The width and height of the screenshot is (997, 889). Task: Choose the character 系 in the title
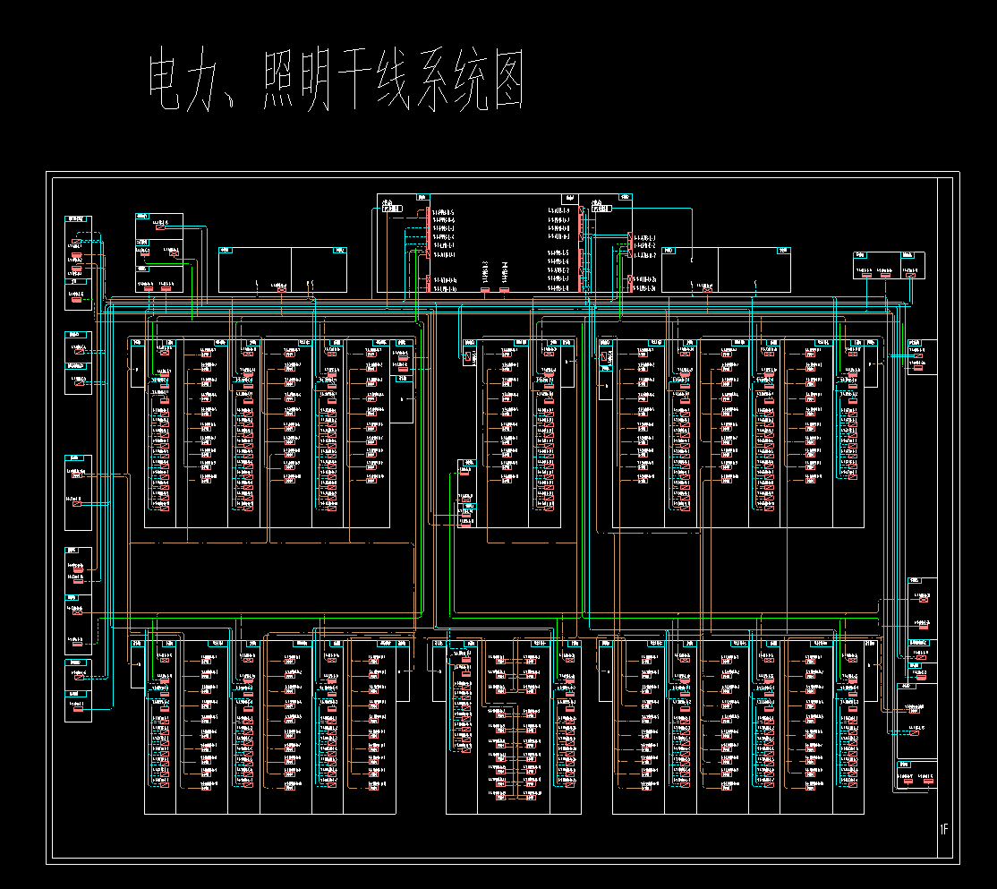tap(457, 81)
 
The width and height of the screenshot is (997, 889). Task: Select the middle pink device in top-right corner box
tap(886, 275)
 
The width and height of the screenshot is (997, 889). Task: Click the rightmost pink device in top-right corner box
tap(911, 275)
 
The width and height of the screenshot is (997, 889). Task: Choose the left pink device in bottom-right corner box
tap(907, 781)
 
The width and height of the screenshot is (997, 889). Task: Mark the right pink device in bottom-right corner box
tap(926, 781)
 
